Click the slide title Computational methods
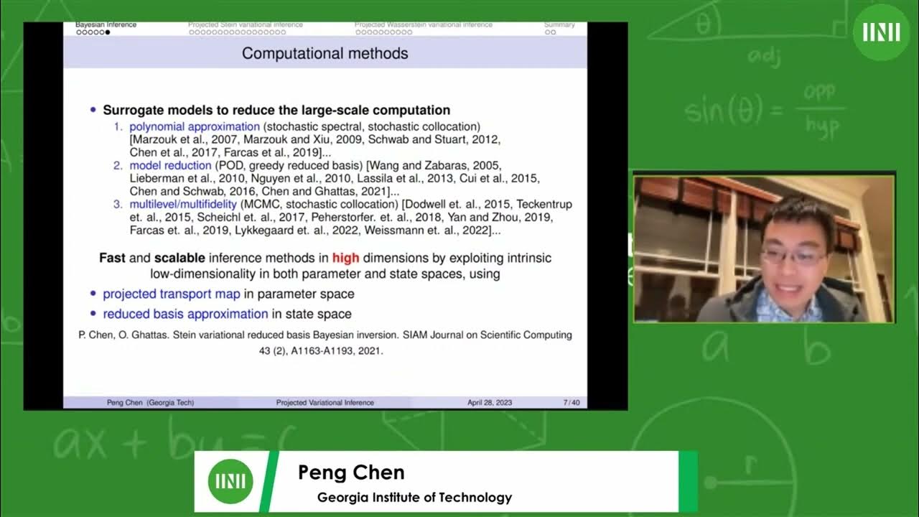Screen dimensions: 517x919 [325, 53]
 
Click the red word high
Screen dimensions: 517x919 [345, 258]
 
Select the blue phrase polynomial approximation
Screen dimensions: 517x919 [195, 126]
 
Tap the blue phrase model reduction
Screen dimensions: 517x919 [171, 166]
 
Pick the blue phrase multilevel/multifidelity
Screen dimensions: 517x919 [183, 205]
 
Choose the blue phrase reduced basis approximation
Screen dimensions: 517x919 [185, 314]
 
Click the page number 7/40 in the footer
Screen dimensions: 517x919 [572, 403]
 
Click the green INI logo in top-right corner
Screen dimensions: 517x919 [881, 32]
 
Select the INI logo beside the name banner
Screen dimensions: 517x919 [230, 481]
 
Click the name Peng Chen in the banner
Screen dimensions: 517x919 [351, 472]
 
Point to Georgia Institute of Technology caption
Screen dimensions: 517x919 [414, 497]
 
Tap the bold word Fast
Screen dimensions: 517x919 [113, 258]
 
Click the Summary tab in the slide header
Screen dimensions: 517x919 [559, 25]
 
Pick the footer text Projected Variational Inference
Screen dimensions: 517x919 [325, 403]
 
